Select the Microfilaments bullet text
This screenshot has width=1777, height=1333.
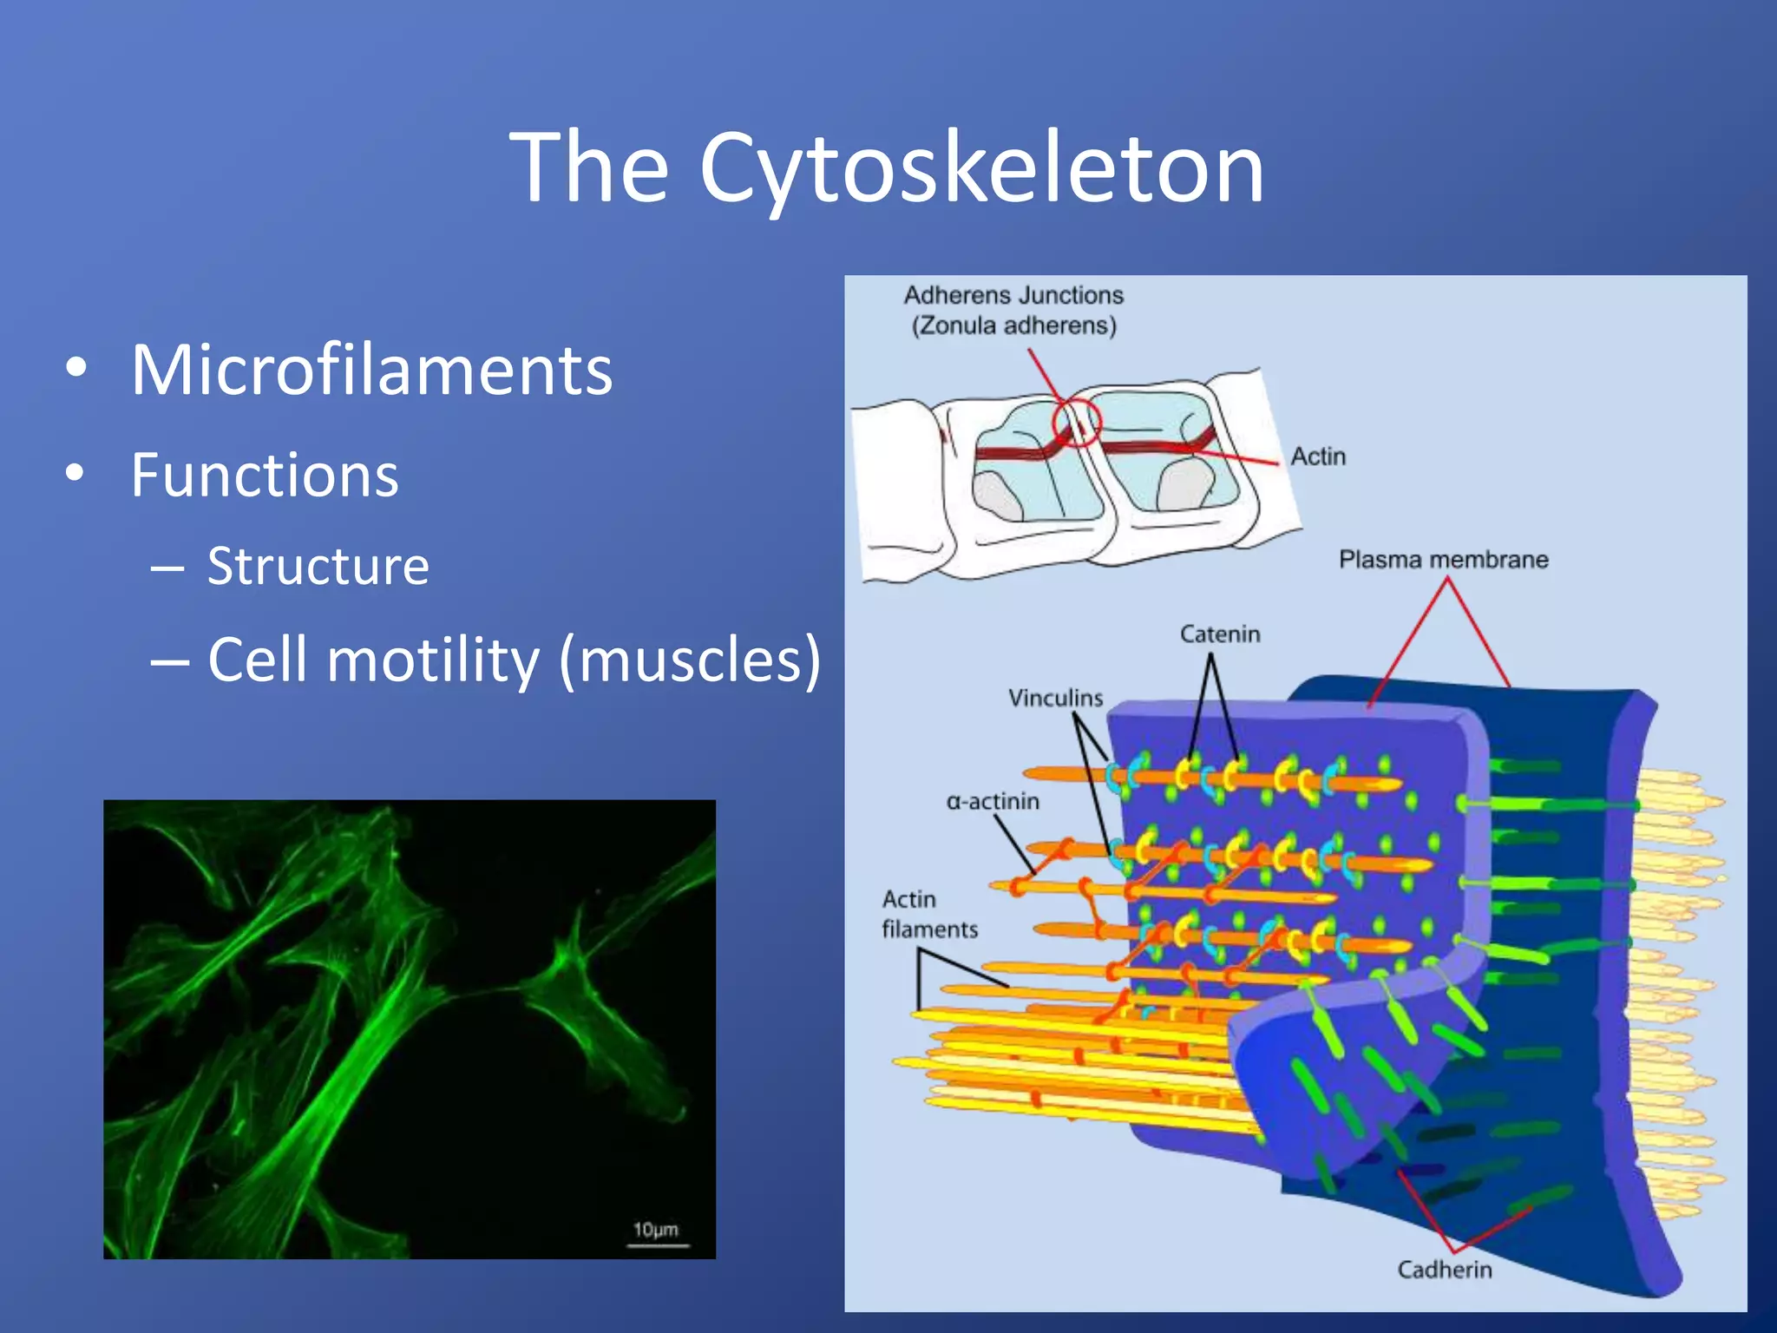[x=371, y=371]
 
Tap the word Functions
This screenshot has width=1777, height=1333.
[x=265, y=476]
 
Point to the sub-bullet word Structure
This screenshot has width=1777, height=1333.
[x=318, y=567]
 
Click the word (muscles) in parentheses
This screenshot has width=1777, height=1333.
[x=690, y=660]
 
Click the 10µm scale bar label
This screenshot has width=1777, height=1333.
[x=655, y=1230]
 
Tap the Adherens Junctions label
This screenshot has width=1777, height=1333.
[x=1013, y=296]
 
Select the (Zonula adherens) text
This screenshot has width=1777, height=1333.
[x=1013, y=326]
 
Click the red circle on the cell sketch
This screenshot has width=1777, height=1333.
[x=1077, y=422]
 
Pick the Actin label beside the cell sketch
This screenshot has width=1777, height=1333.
[x=1317, y=456]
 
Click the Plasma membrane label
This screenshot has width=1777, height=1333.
[x=1443, y=560]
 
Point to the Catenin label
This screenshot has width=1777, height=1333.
[x=1219, y=634]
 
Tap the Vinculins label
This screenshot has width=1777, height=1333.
[x=1055, y=698]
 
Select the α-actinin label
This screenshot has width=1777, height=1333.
[x=993, y=801]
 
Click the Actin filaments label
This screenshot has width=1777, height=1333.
[x=928, y=915]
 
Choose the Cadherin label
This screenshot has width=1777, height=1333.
[x=1444, y=1270]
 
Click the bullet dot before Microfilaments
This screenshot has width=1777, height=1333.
[x=76, y=369]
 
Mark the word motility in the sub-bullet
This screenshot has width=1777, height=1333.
[x=434, y=660]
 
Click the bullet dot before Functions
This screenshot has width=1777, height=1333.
[x=76, y=474]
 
